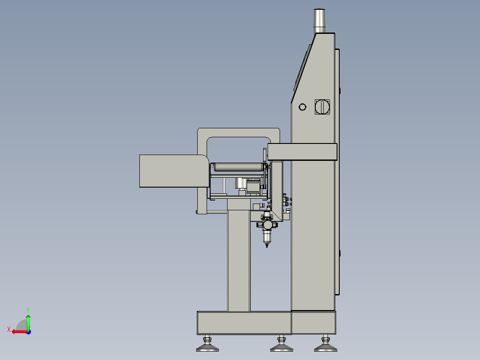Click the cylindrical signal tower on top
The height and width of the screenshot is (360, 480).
click(x=319, y=20)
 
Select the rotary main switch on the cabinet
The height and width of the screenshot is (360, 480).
click(x=322, y=107)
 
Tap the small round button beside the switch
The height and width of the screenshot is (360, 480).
click(x=302, y=107)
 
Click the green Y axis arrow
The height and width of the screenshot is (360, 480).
click(x=28, y=322)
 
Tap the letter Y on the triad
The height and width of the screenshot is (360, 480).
click(x=28, y=310)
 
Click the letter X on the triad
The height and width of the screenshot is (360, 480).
click(x=9, y=329)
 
